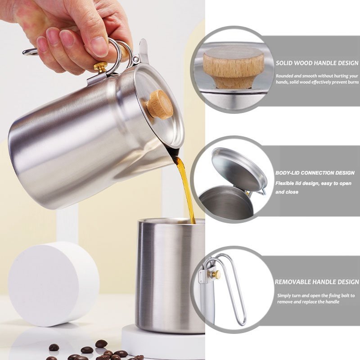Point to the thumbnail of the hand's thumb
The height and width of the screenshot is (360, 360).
pyautogui.click(x=99, y=47)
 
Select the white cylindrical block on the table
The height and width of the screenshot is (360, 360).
pyautogui.click(x=54, y=284)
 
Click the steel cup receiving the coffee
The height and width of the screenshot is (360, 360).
pyautogui.click(x=171, y=275)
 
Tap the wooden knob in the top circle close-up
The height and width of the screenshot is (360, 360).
pyautogui.click(x=234, y=67)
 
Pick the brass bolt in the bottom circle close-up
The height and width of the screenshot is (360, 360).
pyautogui.click(x=216, y=274)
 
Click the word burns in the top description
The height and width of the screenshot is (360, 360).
pyautogui.click(x=353, y=82)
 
